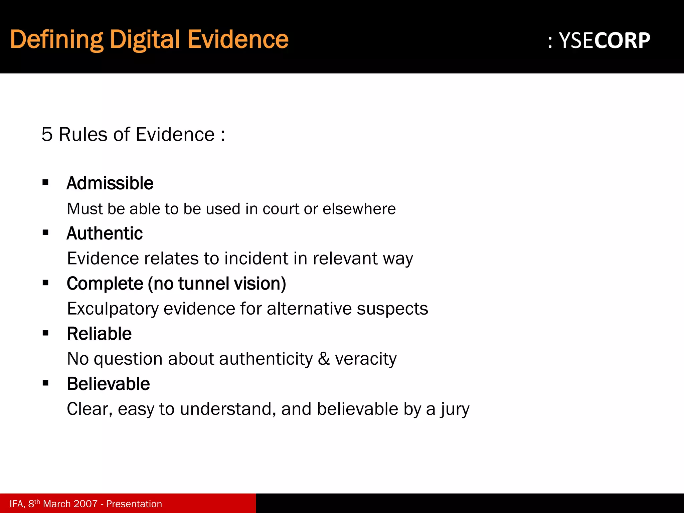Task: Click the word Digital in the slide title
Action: [146, 40]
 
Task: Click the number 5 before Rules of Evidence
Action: [47, 135]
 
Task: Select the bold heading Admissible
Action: [110, 183]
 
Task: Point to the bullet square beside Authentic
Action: [46, 232]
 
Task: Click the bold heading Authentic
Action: [105, 233]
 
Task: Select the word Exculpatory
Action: [113, 309]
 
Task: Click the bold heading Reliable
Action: [99, 334]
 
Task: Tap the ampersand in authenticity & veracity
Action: [324, 359]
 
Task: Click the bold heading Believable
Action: [108, 384]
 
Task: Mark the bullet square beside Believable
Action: [46, 383]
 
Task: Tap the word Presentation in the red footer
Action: [134, 504]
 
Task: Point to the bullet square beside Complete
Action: [46, 283]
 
